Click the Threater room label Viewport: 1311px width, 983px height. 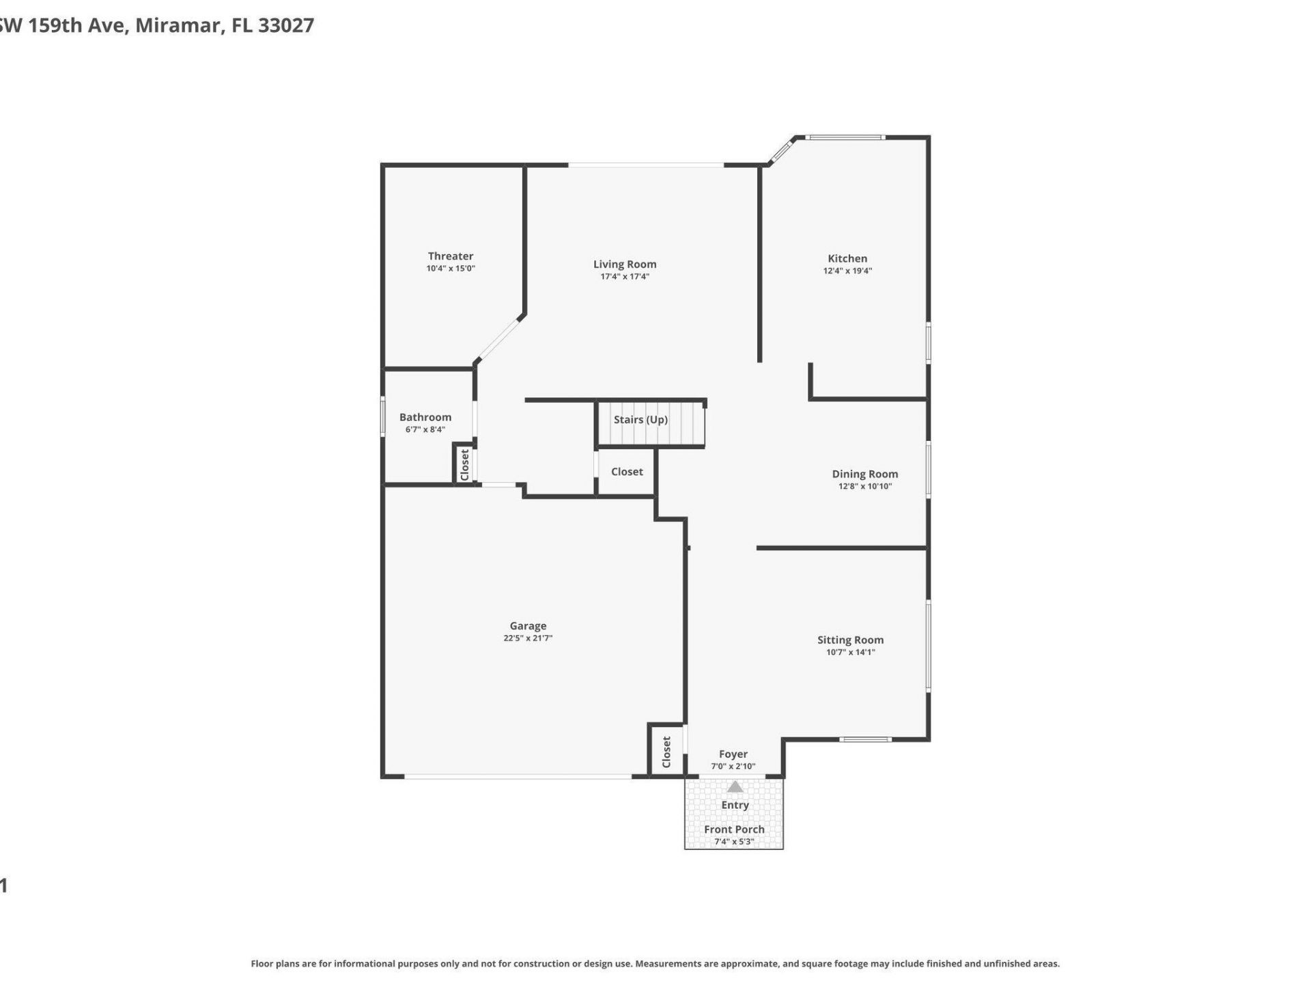[x=450, y=256]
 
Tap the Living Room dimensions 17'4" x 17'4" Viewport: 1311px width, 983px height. [x=624, y=276]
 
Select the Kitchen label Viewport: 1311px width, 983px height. [x=847, y=258]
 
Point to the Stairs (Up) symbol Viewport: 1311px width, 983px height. [x=650, y=423]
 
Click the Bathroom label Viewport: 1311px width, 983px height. [x=425, y=417]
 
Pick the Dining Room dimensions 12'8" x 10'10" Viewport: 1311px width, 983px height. [x=864, y=486]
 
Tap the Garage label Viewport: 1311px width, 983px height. [x=528, y=625]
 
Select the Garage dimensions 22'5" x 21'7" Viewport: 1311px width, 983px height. [x=528, y=638]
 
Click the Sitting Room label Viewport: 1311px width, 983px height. [x=850, y=640]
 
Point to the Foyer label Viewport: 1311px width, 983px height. [x=733, y=754]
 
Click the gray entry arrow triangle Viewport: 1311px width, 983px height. [x=735, y=787]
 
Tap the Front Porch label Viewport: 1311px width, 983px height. [x=734, y=829]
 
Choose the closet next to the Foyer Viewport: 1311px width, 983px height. [x=666, y=751]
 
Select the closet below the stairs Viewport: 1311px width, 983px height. [x=626, y=472]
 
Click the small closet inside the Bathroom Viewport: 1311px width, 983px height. [x=464, y=464]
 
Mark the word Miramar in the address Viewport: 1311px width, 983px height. [x=179, y=25]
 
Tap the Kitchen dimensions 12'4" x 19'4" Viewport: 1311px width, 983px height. [x=847, y=271]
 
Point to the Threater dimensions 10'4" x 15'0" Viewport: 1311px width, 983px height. [x=450, y=268]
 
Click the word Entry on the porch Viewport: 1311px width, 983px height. [x=735, y=805]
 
